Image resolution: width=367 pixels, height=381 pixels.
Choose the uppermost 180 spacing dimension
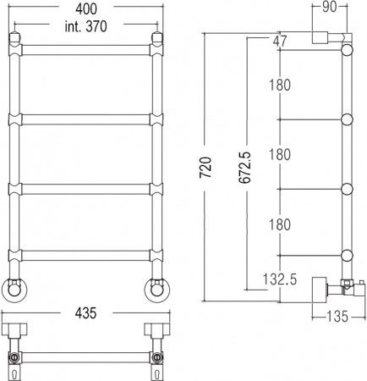281,85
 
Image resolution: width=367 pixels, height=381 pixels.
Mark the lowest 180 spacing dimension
281,224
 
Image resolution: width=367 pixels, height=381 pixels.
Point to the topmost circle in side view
345,51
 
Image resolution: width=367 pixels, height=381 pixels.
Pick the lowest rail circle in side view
345,256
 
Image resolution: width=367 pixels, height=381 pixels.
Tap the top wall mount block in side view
320,38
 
